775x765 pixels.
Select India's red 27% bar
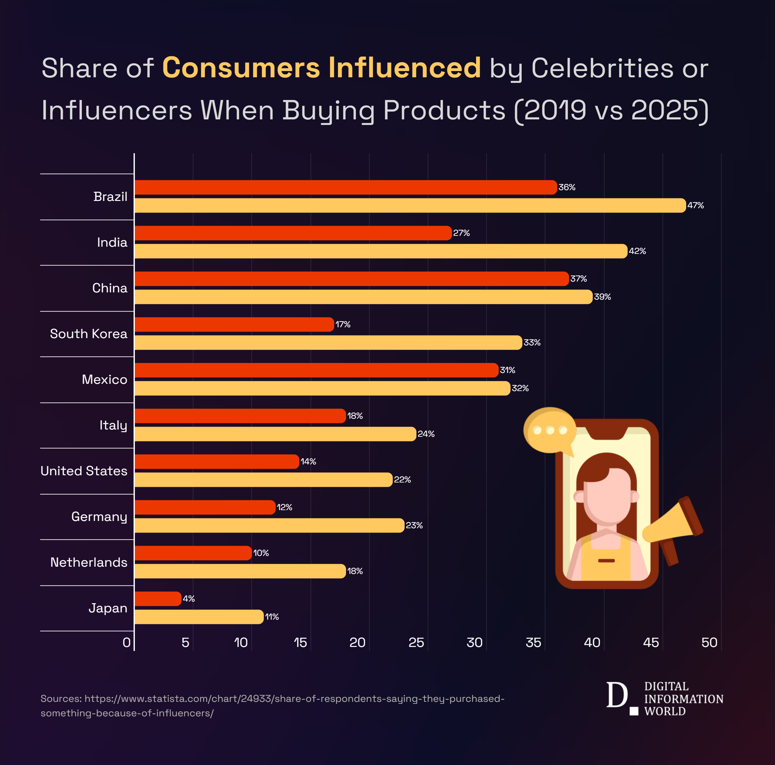tap(293, 233)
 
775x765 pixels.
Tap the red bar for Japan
tap(158, 599)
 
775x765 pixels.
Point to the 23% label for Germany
tap(414, 526)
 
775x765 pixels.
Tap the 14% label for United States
tap(308, 462)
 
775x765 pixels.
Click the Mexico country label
tap(104, 380)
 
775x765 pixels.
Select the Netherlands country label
tap(89, 562)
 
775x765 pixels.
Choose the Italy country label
tap(113, 425)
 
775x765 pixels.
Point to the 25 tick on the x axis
tap(416, 643)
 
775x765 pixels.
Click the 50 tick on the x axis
tap(709, 643)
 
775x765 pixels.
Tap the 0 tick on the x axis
tap(126, 643)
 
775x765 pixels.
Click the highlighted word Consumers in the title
tap(241, 68)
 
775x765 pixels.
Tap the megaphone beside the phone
tap(674, 526)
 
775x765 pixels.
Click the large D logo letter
tap(616, 695)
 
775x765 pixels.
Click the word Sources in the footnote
tap(61, 699)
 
